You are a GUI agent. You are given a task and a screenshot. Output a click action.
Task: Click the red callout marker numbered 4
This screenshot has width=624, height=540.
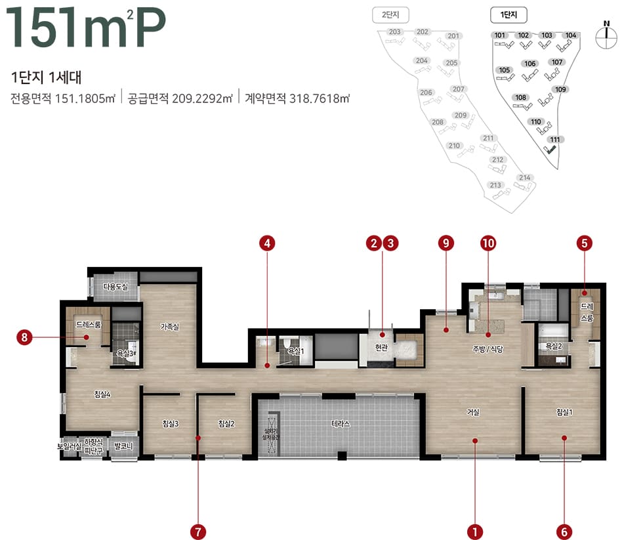click(x=266, y=243)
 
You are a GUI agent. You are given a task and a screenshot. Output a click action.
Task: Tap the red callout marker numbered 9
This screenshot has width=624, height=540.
click(x=446, y=243)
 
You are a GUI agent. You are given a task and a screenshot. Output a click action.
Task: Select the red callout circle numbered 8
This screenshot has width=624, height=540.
click(x=24, y=338)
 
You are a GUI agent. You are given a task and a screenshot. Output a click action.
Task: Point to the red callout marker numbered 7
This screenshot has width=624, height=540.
click(x=198, y=530)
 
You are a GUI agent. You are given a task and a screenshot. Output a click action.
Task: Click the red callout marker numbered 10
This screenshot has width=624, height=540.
click(x=488, y=243)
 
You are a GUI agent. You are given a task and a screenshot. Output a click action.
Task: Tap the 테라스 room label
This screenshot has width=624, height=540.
click(x=341, y=424)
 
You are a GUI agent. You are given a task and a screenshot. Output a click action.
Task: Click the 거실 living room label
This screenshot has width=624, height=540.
click(x=473, y=412)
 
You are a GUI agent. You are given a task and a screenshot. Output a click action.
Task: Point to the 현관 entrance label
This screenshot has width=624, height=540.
click(x=381, y=348)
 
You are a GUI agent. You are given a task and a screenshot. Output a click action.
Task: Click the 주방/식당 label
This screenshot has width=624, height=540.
click(x=487, y=349)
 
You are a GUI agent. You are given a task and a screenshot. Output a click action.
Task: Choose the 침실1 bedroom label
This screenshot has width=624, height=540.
click(x=564, y=412)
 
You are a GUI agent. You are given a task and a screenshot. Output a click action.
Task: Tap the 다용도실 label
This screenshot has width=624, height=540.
click(x=115, y=287)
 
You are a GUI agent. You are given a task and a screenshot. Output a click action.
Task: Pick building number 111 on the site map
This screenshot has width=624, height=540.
click(x=555, y=139)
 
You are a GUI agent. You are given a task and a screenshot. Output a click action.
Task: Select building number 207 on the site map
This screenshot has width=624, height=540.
click(x=458, y=89)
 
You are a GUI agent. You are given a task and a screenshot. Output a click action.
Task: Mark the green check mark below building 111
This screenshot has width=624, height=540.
click(x=552, y=150)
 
